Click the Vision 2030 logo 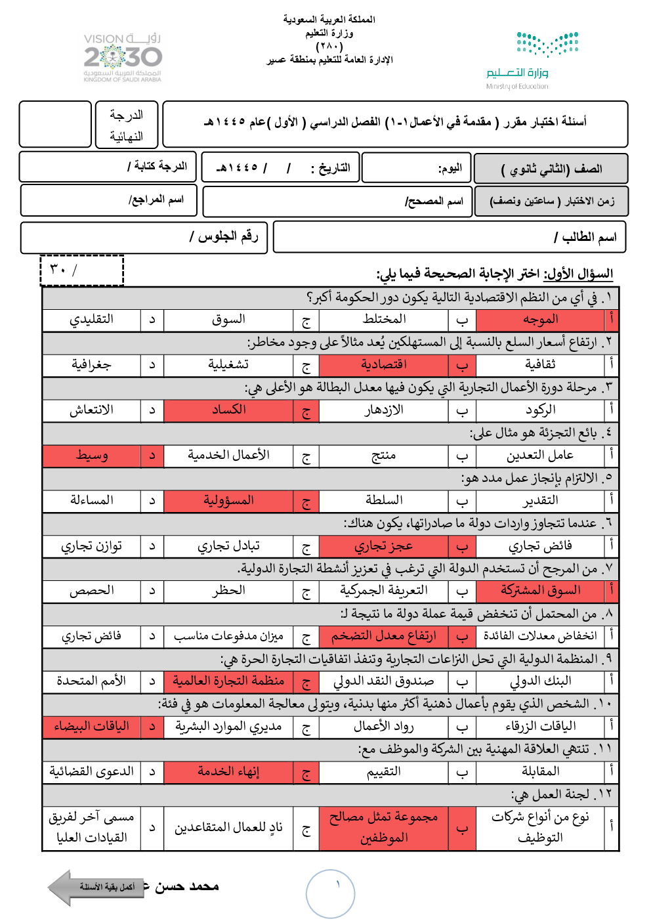123,57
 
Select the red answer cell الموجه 540,320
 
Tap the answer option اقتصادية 384,364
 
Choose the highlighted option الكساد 228,410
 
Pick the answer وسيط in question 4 92,455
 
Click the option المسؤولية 228,501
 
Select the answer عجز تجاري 384,546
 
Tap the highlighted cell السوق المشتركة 540,591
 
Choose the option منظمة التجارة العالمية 228,681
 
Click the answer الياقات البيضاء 92,727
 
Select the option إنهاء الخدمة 228,772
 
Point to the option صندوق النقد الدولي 384,681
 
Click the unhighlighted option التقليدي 92,320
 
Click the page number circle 330,893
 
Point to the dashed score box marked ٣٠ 82,270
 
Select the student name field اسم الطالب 450,237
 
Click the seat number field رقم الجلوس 144,237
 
